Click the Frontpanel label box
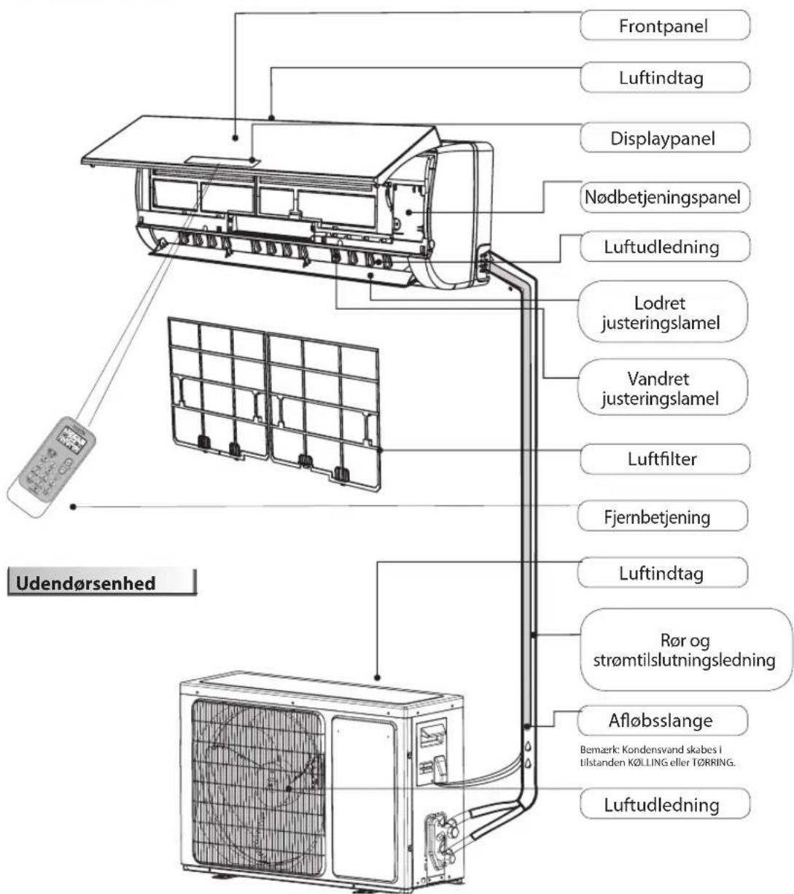pyautogui.click(x=664, y=26)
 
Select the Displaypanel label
pyautogui.click(x=664, y=137)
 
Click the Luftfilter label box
pyautogui.click(x=664, y=459)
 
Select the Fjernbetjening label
pyautogui.click(x=664, y=517)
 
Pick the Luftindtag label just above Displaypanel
pyautogui.click(x=664, y=77)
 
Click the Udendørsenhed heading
pyautogui.click(x=101, y=584)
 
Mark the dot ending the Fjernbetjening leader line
pyautogui.click(x=74, y=508)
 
